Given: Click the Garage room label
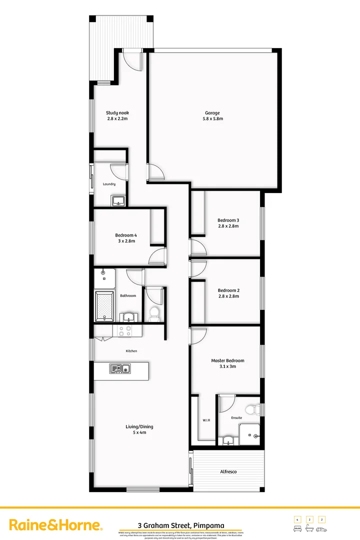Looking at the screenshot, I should [212, 113].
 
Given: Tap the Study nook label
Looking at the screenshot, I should [117, 113].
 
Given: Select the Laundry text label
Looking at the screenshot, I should [109, 184].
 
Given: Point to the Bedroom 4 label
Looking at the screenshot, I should [125, 235].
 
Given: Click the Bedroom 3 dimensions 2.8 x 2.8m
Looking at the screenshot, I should [228, 226].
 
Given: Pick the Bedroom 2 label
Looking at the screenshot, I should [228, 290].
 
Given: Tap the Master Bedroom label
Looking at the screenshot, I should [227, 360].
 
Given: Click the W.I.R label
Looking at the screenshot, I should [206, 420].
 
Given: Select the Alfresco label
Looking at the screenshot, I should [228, 471].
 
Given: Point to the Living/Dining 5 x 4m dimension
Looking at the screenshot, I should [139, 432].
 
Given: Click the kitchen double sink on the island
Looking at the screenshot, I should [120, 369].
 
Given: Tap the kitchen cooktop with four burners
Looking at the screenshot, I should [124, 330].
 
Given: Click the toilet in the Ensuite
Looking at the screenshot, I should [255, 409].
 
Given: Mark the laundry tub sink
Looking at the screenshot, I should [118, 201].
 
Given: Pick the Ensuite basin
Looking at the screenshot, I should [228, 440].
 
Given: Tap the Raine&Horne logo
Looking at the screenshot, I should [56, 525].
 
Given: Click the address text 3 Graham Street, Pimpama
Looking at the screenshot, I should [181, 525].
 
